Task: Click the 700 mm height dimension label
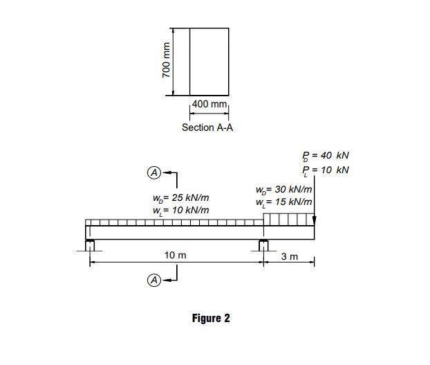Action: tap(167, 60)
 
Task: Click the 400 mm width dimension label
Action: tap(209, 104)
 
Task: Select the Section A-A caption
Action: tap(207, 127)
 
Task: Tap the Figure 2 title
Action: tap(211, 318)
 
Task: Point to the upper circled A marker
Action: tap(154, 172)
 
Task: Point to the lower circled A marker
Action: tap(154, 280)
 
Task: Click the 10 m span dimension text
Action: tap(175, 256)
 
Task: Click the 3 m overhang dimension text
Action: tap(290, 256)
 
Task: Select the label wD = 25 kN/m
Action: tap(180, 198)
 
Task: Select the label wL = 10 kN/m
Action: tap(180, 211)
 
